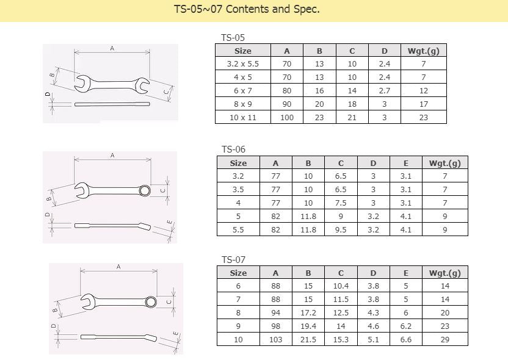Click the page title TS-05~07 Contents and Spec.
click(247, 10)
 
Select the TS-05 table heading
click(233, 38)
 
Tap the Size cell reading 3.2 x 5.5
click(242, 64)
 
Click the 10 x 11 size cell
click(242, 117)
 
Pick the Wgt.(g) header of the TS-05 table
click(423, 51)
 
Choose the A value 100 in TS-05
click(287, 117)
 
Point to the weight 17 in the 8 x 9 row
click(423, 104)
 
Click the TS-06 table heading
click(233, 149)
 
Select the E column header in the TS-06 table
click(406, 163)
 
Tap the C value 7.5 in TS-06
click(341, 203)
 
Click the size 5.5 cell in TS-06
click(238, 230)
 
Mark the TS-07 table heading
click(233, 260)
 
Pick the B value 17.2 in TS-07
click(308, 313)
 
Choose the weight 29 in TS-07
click(445, 340)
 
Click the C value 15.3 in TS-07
click(341, 340)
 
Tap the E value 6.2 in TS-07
click(406, 326)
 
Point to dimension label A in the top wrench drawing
click(112, 48)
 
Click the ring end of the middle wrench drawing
click(145, 190)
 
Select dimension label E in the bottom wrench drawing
click(176, 334)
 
